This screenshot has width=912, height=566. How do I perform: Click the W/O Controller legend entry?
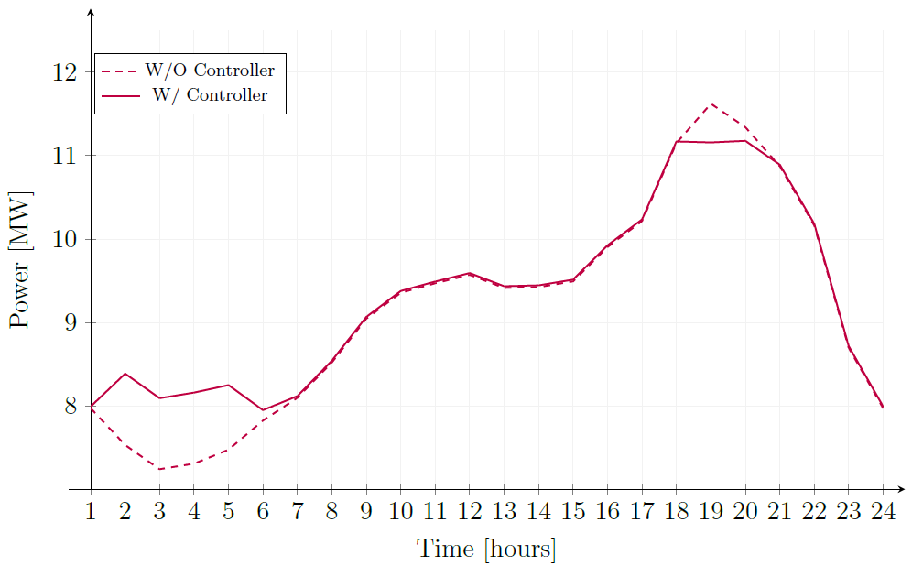pos(210,71)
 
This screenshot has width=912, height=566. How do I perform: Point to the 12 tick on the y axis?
pos(74,71)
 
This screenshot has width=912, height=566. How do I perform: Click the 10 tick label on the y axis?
pos(74,240)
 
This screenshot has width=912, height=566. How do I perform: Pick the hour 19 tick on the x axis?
pos(711,511)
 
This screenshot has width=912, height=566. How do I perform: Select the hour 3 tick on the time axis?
pos(159,511)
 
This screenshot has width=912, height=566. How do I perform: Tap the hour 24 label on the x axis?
pos(882,511)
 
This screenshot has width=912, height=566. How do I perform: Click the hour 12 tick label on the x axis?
pos(469,511)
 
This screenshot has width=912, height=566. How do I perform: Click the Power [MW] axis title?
pos(21,260)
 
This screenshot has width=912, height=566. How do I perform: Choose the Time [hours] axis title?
pos(486,550)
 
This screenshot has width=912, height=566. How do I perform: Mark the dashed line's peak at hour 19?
pos(711,104)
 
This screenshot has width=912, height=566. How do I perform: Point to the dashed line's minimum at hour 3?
pos(159,469)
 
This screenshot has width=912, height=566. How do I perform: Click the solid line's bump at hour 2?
pos(125,374)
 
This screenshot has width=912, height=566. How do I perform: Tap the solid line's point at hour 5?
pos(228,385)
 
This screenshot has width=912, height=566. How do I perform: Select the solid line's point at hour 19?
pos(711,142)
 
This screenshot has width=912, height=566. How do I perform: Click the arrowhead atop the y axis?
pos(91,12)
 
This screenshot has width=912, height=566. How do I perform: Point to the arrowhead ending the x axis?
pos(901,489)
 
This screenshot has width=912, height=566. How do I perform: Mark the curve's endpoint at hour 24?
pos(882,406)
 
